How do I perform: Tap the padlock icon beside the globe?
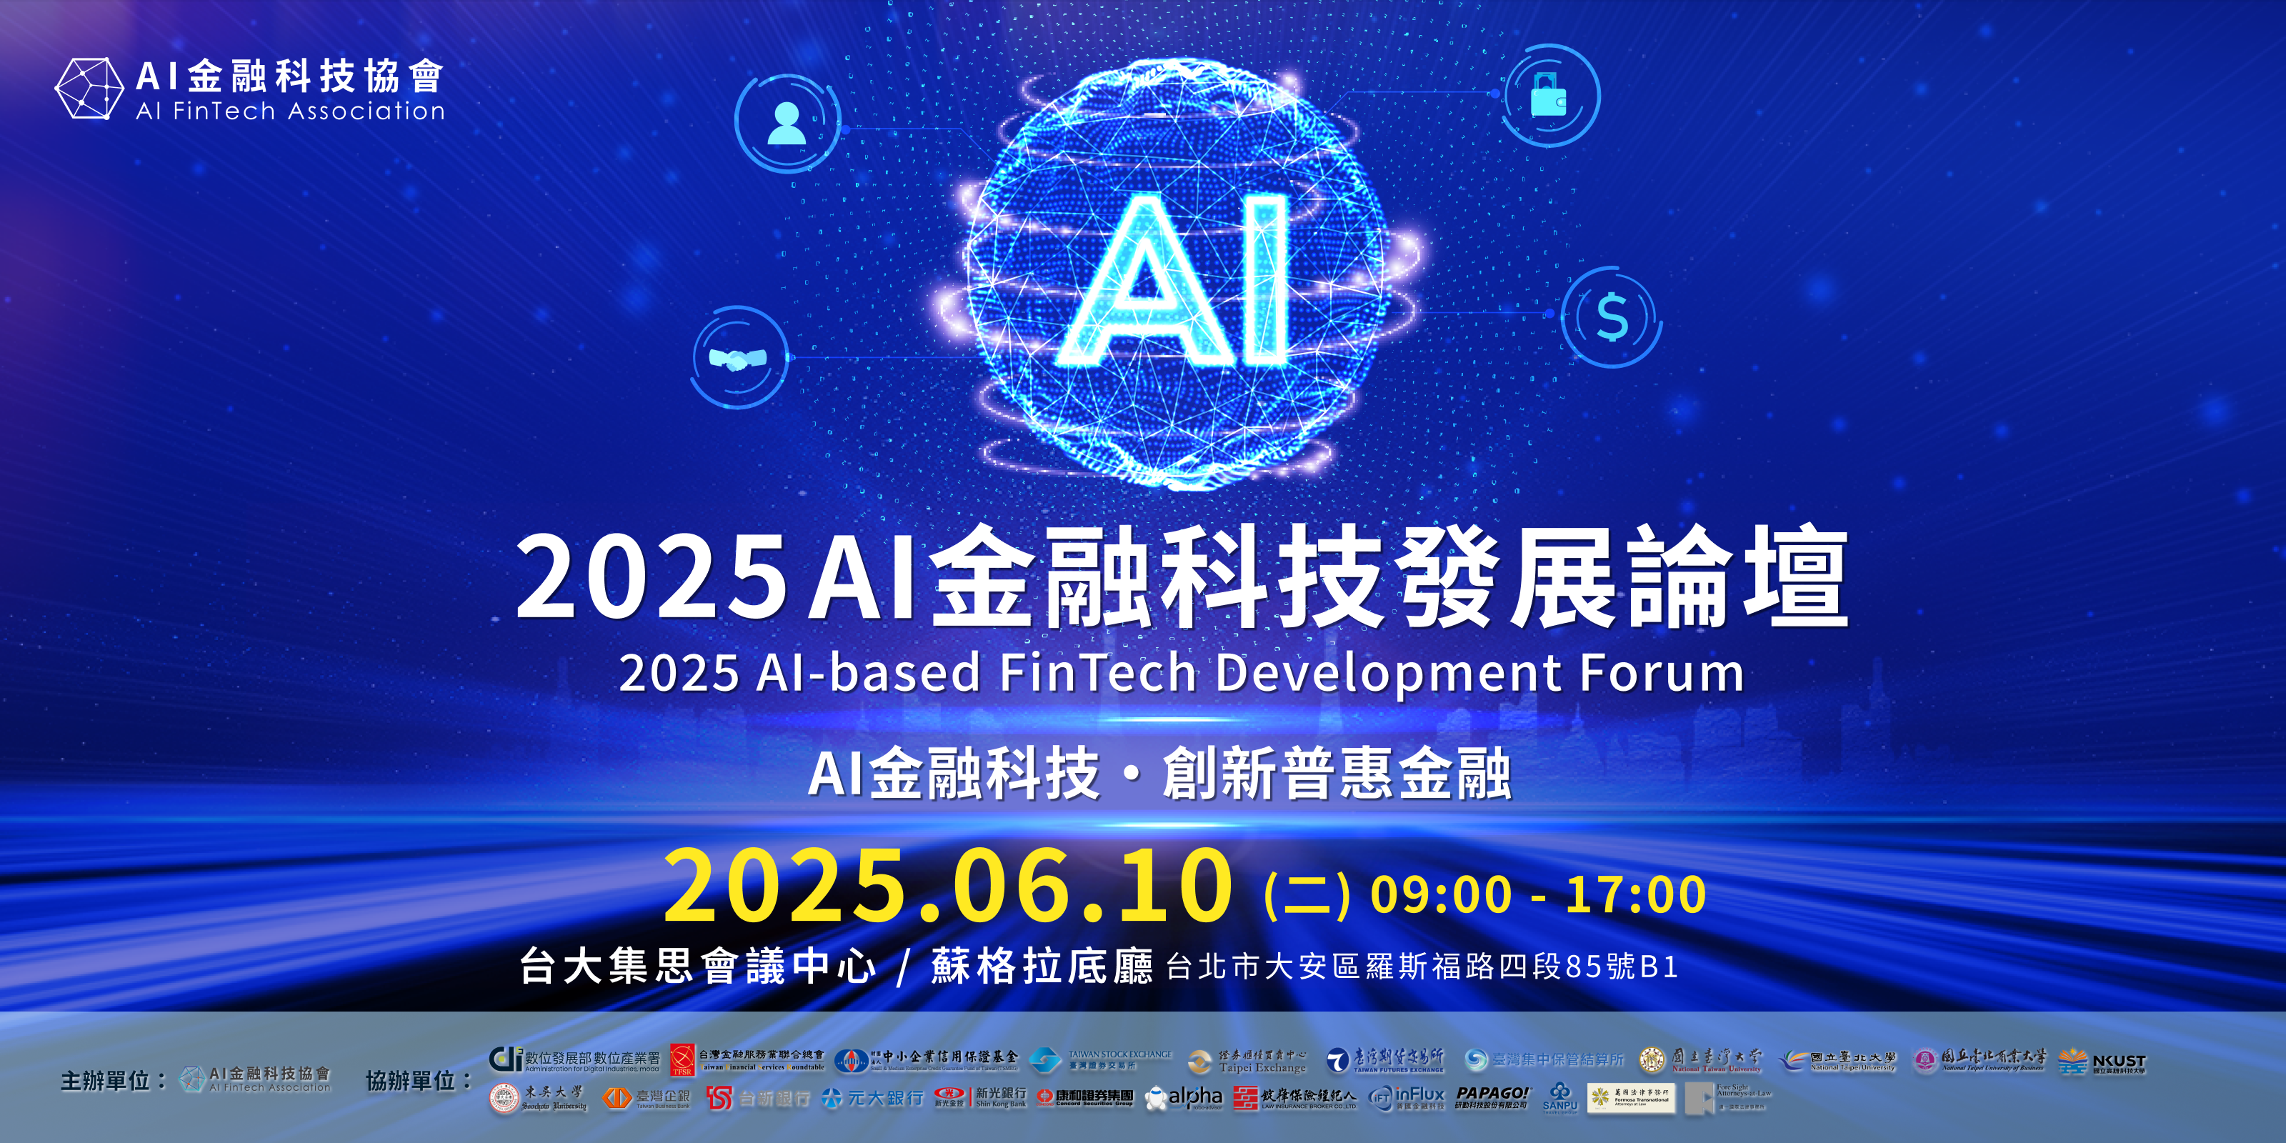(x=1549, y=95)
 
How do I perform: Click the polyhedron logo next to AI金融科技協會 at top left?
(x=89, y=89)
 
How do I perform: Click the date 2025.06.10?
(x=948, y=886)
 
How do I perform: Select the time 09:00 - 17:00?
(x=1538, y=894)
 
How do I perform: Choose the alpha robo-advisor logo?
(x=1184, y=1099)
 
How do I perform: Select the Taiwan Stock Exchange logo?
(x=1100, y=1059)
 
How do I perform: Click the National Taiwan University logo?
(x=1700, y=1059)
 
